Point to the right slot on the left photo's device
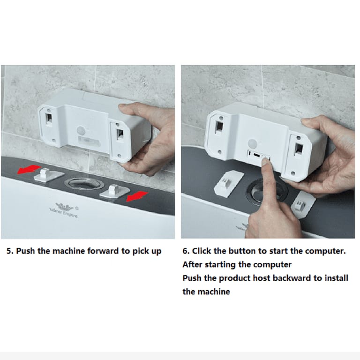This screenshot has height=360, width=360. (x=120, y=133)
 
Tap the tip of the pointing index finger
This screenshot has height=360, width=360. (x=266, y=161)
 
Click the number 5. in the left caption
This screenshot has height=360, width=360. (x=10, y=251)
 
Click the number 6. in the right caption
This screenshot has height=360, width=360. (x=186, y=251)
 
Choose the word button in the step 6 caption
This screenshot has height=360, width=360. (x=243, y=251)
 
